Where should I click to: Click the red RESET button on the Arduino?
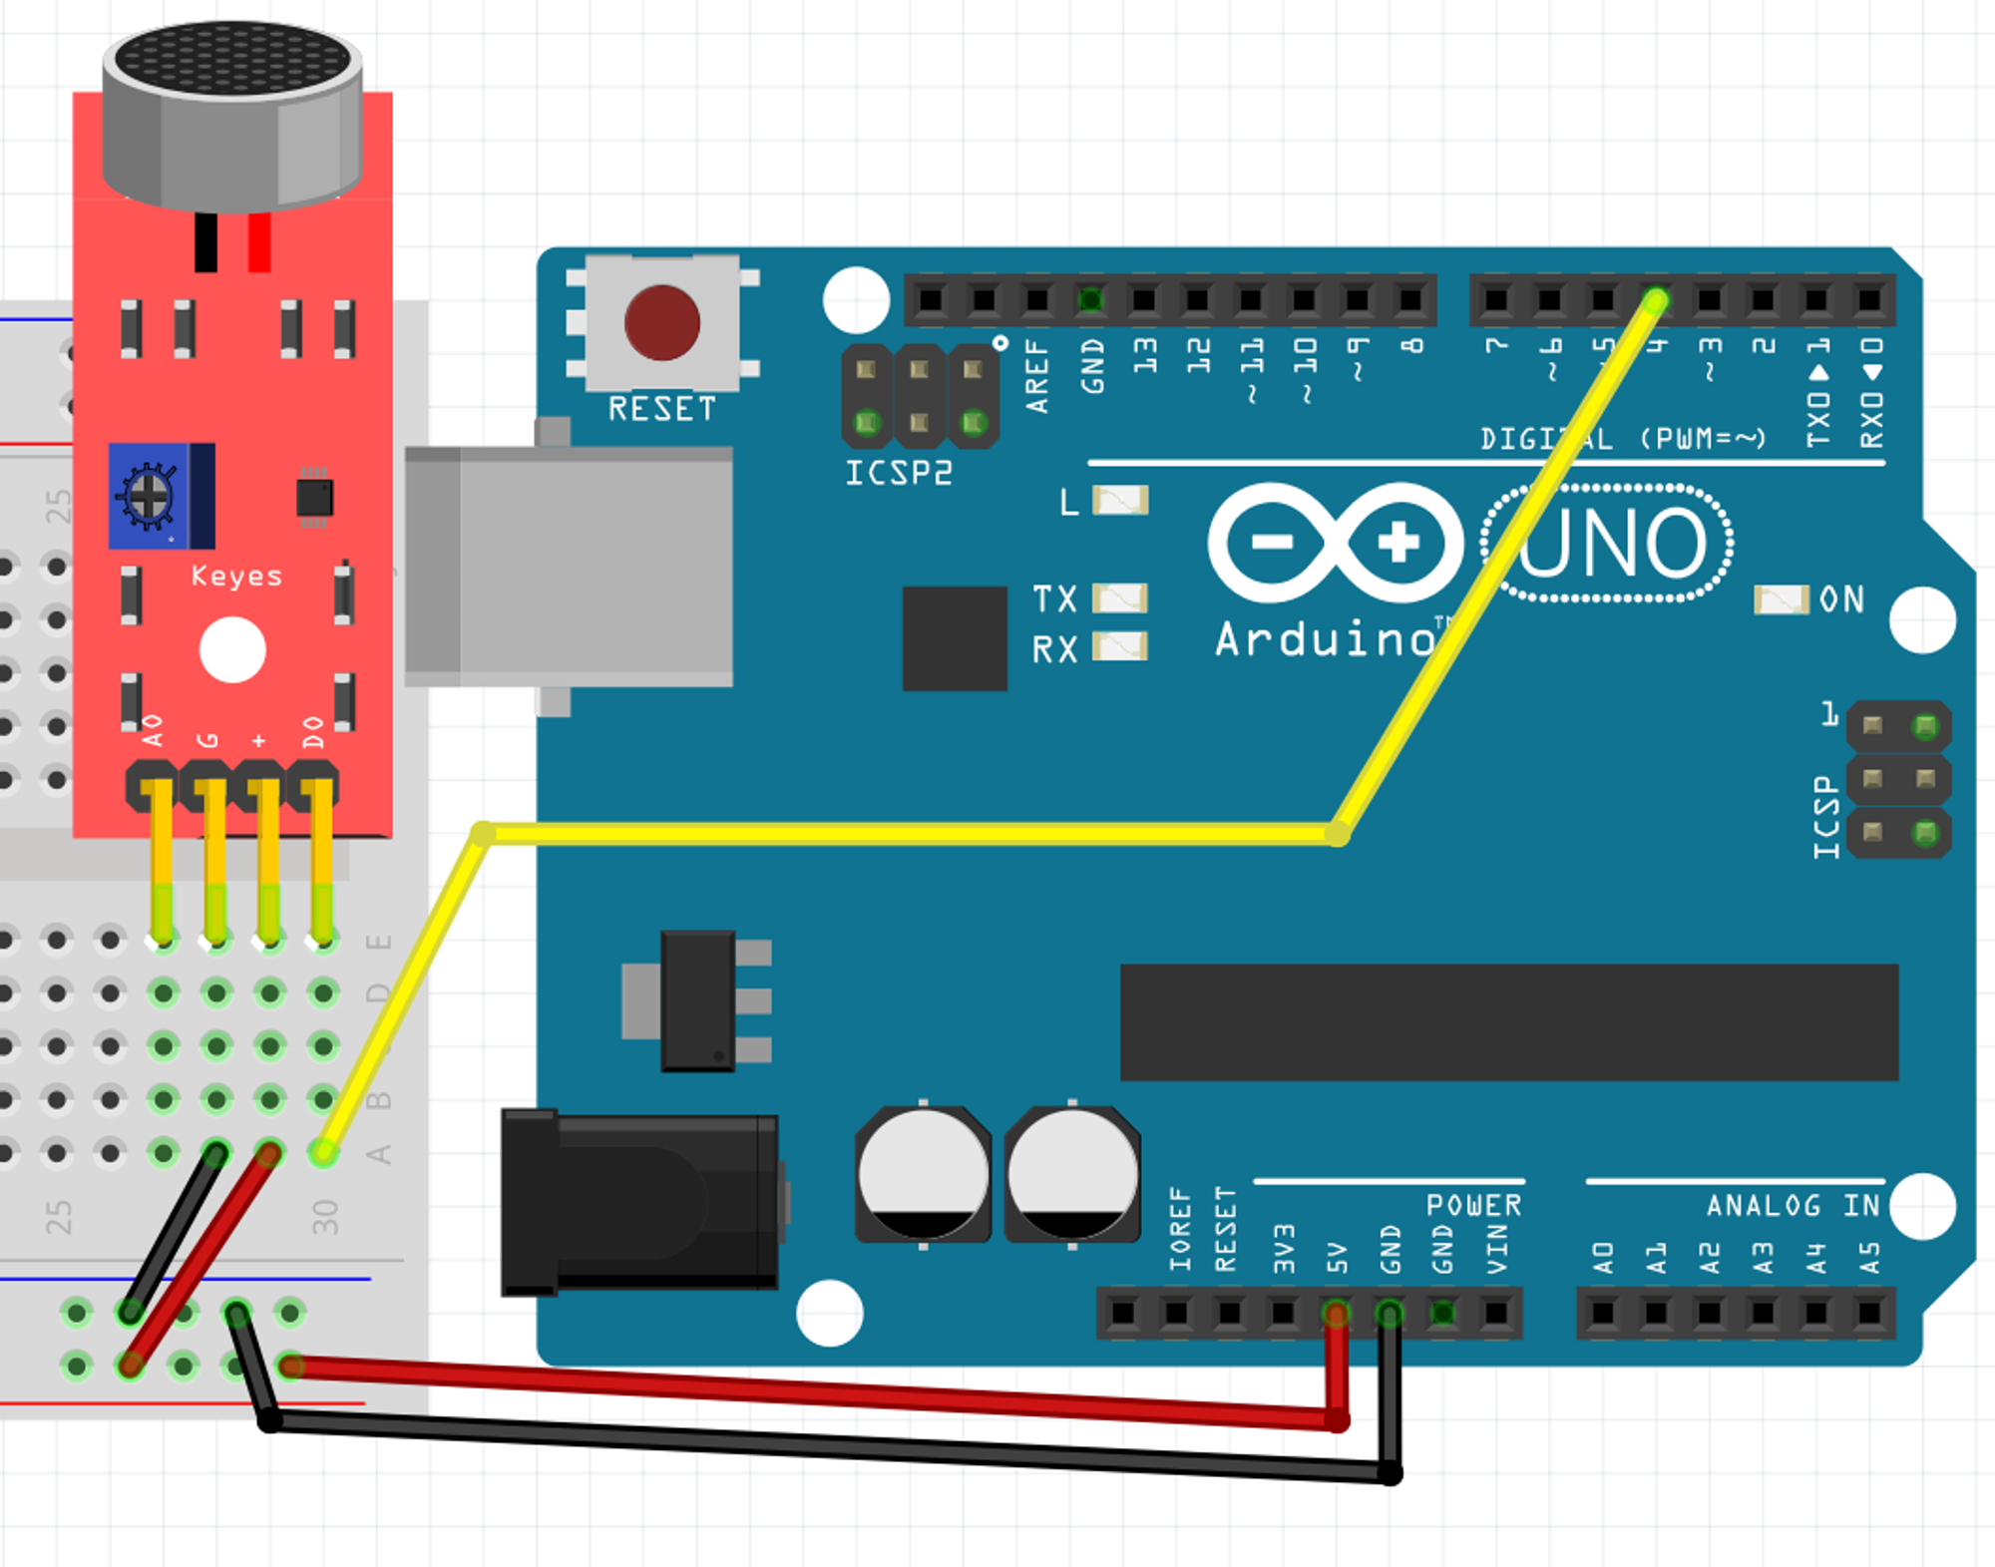[661, 322]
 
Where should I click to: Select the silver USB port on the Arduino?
[569, 566]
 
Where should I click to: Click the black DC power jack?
[639, 1202]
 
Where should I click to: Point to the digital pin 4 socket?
[1656, 299]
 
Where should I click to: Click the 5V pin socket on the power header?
[1336, 1313]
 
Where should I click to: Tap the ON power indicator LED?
[1781, 599]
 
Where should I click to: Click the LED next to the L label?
[1120, 501]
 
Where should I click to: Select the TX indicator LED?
[1120, 598]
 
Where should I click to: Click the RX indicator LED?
[1120, 648]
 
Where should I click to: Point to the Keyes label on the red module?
[236, 577]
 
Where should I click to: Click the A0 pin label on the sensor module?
[153, 730]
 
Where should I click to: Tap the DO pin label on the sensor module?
[313, 730]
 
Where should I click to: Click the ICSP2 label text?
[899, 473]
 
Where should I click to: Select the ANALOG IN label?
[1793, 1206]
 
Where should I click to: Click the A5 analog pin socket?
[1869, 1313]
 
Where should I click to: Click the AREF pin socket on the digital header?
[1037, 299]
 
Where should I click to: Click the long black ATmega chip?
[1508, 1022]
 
